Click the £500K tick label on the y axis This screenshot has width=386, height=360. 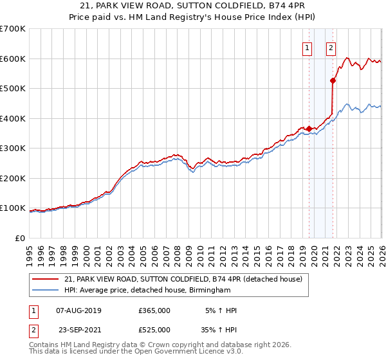click(x=12, y=89)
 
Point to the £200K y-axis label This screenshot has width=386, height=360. click(x=12, y=178)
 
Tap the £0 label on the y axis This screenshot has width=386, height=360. click(x=19, y=238)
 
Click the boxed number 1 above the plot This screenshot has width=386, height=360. click(x=307, y=47)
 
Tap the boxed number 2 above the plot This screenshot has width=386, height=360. click(x=331, y=47)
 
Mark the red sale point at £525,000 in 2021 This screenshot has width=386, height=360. click(x=333, y=81)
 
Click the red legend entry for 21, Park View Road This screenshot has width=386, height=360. click(x=187, y=279)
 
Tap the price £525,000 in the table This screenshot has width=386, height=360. click(x=154, y=330)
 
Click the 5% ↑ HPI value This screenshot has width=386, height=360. click(x=221, y=310)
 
